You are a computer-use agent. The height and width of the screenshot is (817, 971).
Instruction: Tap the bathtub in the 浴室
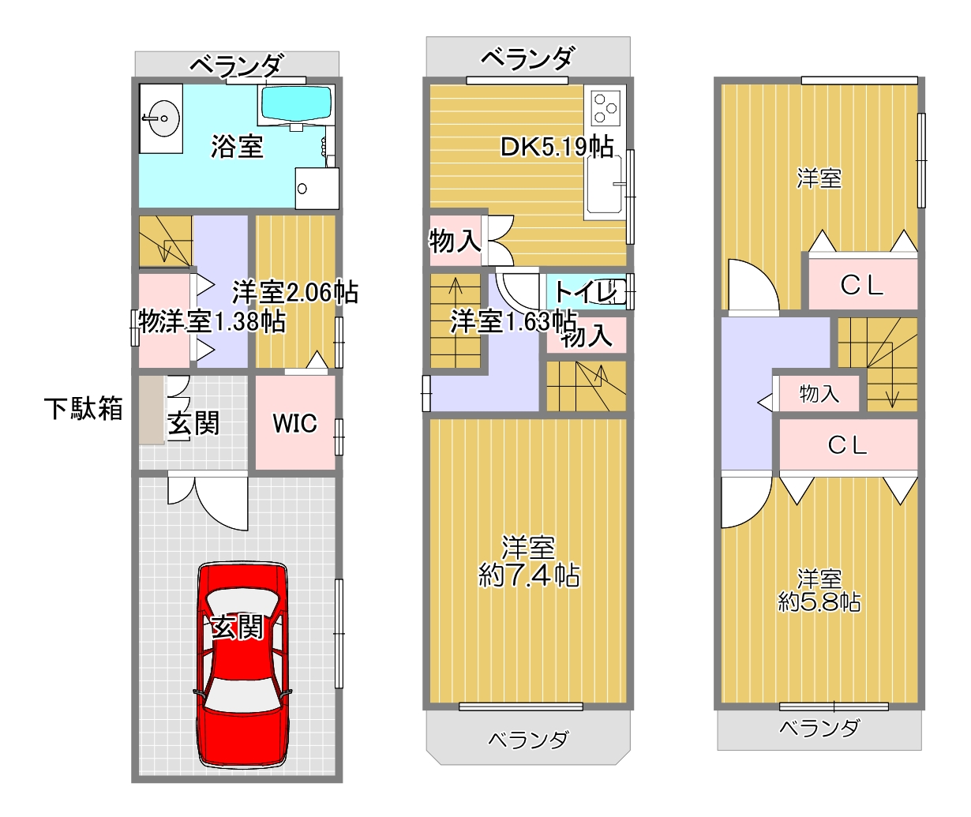point(298,104)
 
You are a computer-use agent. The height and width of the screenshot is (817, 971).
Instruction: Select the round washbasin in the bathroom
point(161,118)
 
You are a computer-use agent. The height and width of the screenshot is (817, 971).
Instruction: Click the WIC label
point(294,422)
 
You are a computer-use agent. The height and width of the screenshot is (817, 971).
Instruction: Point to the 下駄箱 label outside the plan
point(84,409)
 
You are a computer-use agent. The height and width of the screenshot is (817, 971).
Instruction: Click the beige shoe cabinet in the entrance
point(152,410)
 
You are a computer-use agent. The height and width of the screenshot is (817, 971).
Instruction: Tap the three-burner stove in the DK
point(605,108)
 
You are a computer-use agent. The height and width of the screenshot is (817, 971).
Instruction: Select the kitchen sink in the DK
point(604,184)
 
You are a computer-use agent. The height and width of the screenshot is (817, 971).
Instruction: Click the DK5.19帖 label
point(557,147)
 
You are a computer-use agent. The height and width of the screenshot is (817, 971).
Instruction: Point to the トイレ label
point(586,292)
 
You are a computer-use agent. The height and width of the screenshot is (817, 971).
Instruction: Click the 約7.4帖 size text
point(529,575)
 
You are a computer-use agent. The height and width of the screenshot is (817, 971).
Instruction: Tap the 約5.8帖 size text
point(819,602)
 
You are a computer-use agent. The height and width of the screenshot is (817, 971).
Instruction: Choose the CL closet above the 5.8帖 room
point(848,444)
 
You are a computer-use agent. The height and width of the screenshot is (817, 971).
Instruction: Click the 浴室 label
point(237,146)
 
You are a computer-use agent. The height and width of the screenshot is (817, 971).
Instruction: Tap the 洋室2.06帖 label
point(294,292)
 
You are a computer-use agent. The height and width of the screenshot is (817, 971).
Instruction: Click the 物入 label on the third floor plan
point(819,394)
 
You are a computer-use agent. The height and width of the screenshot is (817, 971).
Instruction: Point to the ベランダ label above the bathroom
point(236,66)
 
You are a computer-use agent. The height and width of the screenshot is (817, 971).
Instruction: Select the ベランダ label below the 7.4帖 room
point(528,739)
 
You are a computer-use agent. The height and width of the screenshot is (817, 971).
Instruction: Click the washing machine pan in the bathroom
point(317,189)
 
